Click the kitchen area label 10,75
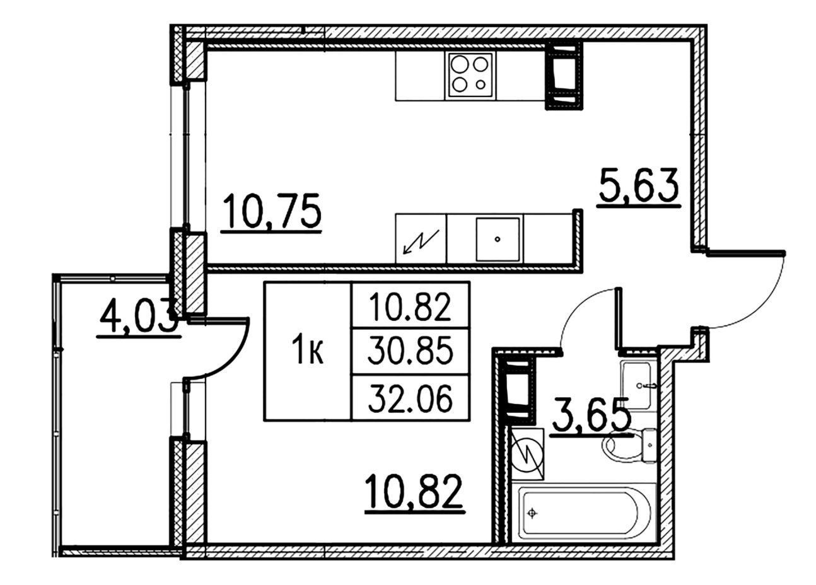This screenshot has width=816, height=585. click(271, 212)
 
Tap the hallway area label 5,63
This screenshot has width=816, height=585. click(639, 187)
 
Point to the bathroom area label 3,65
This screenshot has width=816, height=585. click(591, 416)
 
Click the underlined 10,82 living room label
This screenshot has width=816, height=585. click(414, 493)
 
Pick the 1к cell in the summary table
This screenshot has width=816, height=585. click(308, 351)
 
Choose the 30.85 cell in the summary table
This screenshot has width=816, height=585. click(411, 351)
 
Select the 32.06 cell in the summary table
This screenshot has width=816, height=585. click(411, 398)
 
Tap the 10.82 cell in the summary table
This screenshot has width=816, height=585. click(411, 305)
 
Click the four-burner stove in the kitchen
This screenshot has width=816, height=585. click(470, 75)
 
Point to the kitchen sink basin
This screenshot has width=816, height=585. click(498, 240)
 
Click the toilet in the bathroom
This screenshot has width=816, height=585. click(629, 445)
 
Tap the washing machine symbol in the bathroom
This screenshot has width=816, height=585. click(527, 455)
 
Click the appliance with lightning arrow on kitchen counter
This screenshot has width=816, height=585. click(421, 238)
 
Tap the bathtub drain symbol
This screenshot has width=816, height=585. click(533, 513)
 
